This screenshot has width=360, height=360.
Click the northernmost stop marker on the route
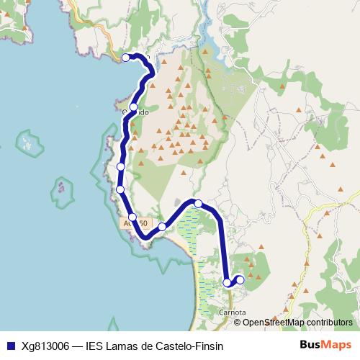(x=126, y=58)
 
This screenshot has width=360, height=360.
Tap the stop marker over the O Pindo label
(x=133, y=107)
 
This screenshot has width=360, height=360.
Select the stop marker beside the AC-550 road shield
(x=132, y=217)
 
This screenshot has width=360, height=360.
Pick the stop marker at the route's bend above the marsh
(x=198, y=204)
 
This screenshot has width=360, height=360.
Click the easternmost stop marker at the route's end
(x=240, y=279)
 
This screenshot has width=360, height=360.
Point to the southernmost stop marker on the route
(x=228, y=283)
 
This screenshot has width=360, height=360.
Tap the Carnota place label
(x=230, y=312)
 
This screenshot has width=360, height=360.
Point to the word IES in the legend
(x=95, y=346)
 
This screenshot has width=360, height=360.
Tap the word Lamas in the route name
(x=125, y=346)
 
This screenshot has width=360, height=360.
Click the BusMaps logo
(x=325, y=345)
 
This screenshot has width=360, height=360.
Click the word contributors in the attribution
(x=329, y=322)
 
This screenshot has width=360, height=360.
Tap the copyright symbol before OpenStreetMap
(x=238, y=322)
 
